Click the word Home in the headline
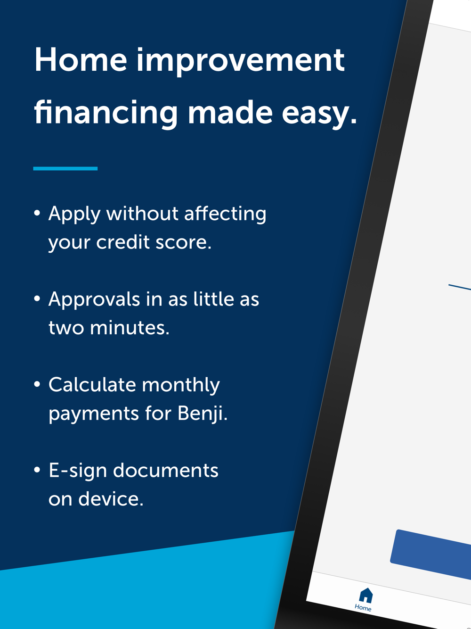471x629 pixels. pyautogui.click(x=81, y=60)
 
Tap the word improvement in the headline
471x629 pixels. pyautogui.click(x=240, y=62)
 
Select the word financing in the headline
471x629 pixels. pyautogui.click(x=106, y=114)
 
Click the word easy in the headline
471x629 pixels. pyautogui.click(x=319, y=115)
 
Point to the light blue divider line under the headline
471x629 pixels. pyautogui.click(x=65, y=168)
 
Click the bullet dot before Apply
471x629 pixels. pyautogui.click(x=37, y=213)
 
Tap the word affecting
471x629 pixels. pyautogui.click(x=225, y=215)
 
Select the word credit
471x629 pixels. pyautogui.click(x=123, y=242)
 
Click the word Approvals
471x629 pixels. pyautogui.click(x=94, y=300)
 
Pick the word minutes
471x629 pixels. pyautogui.click(x=130, y=328)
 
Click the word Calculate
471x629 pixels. pyautogui.click(x=92, y=384)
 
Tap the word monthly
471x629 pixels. pyautogui.click(x=181, y=386)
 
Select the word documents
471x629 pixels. pyautogui.click(x=166, y=471)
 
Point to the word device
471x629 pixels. pyautogui.click(x=111, y=499)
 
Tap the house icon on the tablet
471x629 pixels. pyautogui.click(x=366, y=596)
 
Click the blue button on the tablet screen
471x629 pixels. pyautogui.click(x=431, y=555)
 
